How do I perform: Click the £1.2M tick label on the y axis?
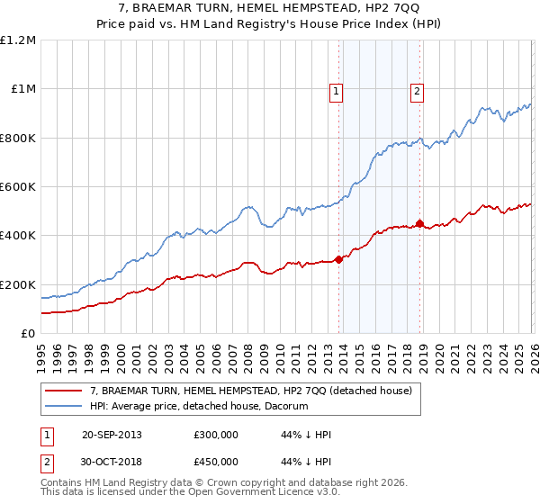(x=18, y=40)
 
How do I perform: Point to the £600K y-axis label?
(x=18, y=187)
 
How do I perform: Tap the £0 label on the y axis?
(x=27, y=334)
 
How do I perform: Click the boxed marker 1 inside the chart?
(x=336, y=90)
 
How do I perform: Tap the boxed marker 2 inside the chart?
(x=418, y=90)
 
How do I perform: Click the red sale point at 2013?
(x=338, y=260)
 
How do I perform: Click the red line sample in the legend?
(x=64, y=391)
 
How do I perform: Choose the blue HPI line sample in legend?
(x=64, y=407)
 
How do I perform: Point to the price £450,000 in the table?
(x=216, y=462)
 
